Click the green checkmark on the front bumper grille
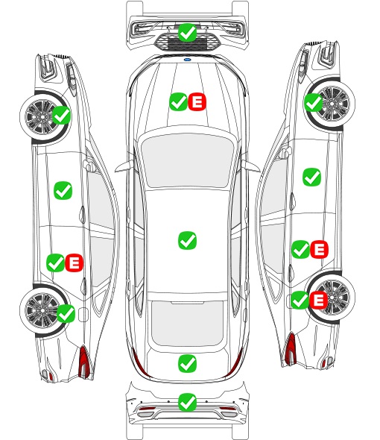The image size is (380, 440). point(187,33)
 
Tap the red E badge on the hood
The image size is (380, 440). point(197,101)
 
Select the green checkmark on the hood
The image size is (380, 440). point(178,101)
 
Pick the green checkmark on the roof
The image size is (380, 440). point(187,240)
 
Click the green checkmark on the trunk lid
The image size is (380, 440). point(187,363)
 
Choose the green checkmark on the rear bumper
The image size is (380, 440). point(187,403)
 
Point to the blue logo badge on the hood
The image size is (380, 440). point(187,60)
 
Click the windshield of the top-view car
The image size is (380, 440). point(187,160)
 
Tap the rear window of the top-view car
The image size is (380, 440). point(187,323)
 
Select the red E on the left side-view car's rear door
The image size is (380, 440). point(74,263)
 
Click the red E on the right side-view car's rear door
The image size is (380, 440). point(319,249)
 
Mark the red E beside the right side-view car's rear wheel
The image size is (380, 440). point(318,300)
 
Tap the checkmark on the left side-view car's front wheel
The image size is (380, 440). point(62,115)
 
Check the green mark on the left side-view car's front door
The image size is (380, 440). point(63,190)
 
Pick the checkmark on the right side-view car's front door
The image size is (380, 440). point(311,177)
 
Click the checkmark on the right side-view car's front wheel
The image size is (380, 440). point(313,102)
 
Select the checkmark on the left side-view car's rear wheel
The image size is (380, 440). point(66,313)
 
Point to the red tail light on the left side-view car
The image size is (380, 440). point(84,362)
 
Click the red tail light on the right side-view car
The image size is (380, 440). point(291,348)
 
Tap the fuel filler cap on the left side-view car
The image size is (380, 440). point(83,315)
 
